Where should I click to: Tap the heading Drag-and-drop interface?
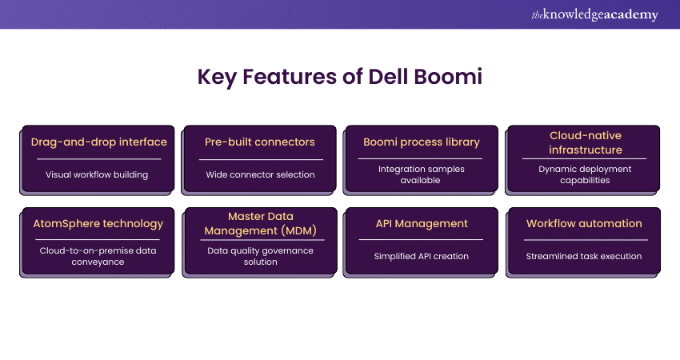point(98,142)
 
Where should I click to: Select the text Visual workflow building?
point(97,174)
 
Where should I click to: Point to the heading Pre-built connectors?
point(260,142)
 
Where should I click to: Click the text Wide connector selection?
point(260,174)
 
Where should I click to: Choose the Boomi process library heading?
point(422,142)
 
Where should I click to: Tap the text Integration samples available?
point(422,174)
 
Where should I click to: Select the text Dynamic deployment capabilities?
point(585,174)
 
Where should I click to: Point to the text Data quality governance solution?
point(260,256)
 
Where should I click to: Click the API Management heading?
point(422,224)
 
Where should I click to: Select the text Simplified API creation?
point(422,256)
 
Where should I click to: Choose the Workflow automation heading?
point(584,224)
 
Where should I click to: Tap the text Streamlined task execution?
point(584,256)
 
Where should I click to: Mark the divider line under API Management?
point(422,239)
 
